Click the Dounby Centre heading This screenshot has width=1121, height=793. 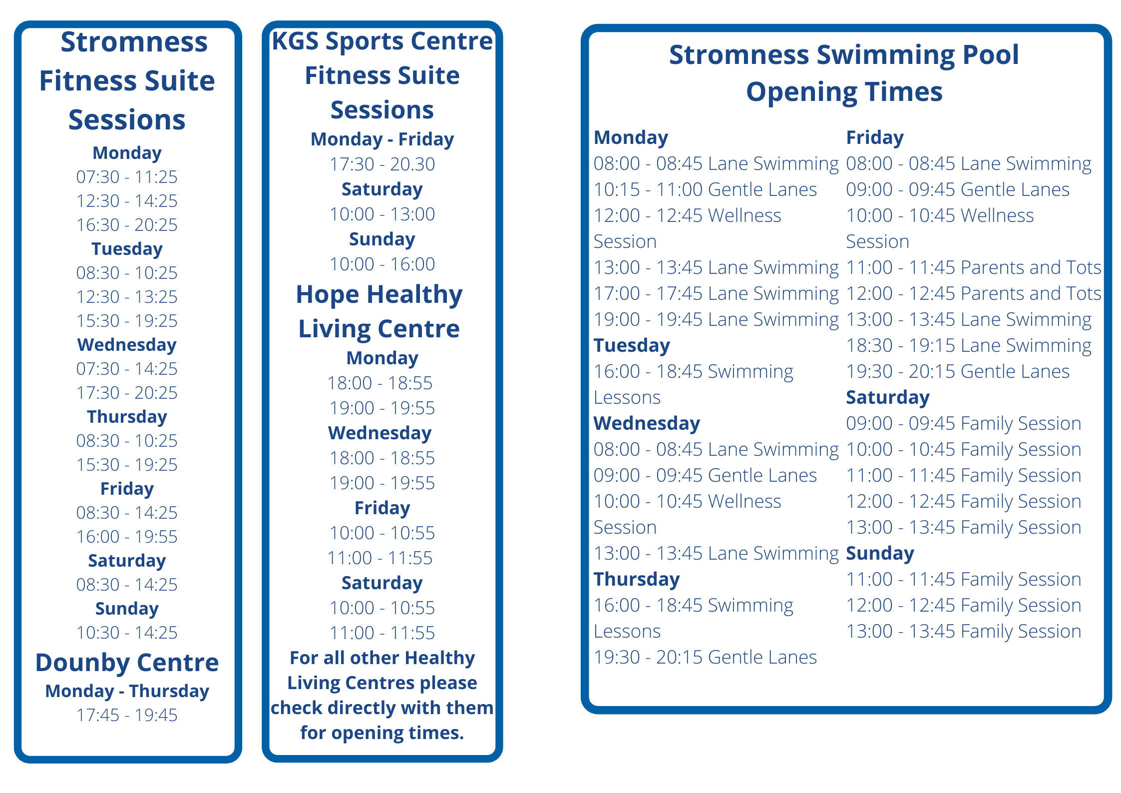[x=127, y=663]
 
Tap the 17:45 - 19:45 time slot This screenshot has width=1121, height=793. [x=127, y=715]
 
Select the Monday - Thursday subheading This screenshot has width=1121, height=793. [x=127, y=691]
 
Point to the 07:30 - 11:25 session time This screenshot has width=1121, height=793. [x=127, y=177]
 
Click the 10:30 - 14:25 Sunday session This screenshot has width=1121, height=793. [x=127, y=633]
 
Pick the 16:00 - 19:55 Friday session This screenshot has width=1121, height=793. [x=127, y=537]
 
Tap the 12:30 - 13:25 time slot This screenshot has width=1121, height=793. [x=127, y=297]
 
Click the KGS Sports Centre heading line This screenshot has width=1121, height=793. [x=382, y=41]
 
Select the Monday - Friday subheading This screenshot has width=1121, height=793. [x=382, y=139]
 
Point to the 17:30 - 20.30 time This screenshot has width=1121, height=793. [x=382, y=164]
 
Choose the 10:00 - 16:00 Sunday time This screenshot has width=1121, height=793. [x=382, y=264]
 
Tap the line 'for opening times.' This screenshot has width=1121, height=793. [x=382, y=733]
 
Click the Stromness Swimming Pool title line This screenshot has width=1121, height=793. [x=844, y=54]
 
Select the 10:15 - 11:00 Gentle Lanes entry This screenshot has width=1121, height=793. [x=705, y=190]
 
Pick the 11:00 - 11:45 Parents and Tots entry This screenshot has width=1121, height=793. [x=974, y=268]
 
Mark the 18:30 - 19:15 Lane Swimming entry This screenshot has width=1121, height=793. [x=969, y=346]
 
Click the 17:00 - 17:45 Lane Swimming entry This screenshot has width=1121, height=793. [x=716, y=294]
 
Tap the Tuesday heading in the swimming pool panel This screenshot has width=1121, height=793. [x=632, y=346]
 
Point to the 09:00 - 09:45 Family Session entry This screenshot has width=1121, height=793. [x=964, y=424]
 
